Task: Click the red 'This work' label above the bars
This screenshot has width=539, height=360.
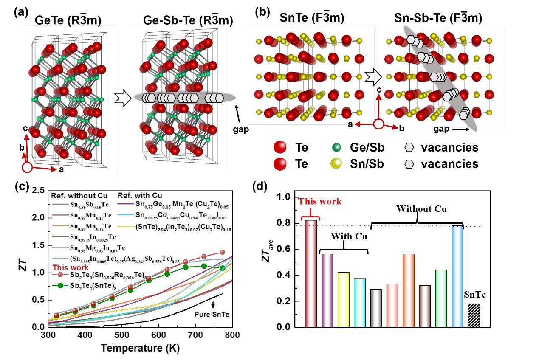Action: (x=319, y=201)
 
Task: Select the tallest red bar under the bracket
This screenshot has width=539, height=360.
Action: (x=311, y=274)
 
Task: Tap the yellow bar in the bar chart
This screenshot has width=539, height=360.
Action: (x=343, y=300)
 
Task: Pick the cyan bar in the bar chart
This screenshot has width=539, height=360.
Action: (x=360, y=303)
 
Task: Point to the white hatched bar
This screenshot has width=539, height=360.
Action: (x=474, y=315)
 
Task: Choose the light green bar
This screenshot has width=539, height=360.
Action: (x=441, y=298)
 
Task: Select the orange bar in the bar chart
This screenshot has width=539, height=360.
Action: (x=408, y=290)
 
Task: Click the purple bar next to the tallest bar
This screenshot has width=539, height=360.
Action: (x=327, y=290)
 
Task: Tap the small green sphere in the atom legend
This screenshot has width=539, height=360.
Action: (x=336, y=147)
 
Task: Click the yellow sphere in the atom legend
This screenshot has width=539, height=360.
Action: (x=336, y=163)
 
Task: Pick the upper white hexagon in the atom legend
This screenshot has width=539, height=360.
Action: (x=409, y=147)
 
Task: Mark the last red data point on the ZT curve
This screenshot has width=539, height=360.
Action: (x=222, y=252)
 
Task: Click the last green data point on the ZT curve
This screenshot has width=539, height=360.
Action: (x=222, y=268)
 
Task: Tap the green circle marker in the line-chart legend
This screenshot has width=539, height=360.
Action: (x=60, y=285)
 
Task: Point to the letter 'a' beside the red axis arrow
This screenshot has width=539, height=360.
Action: (x=61, y=169)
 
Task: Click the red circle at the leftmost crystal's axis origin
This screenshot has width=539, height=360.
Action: (x=27, y=168)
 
